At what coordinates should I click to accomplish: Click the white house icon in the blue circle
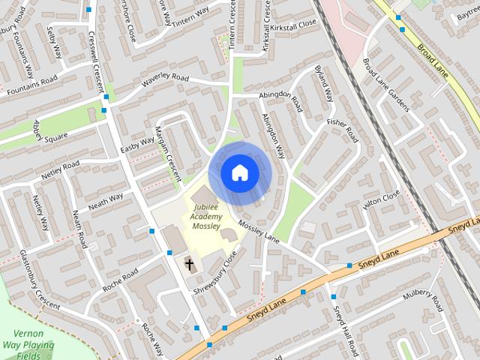[239, 172]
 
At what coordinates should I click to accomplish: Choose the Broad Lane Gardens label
[386, 85]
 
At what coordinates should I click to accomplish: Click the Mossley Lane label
[259, 229]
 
